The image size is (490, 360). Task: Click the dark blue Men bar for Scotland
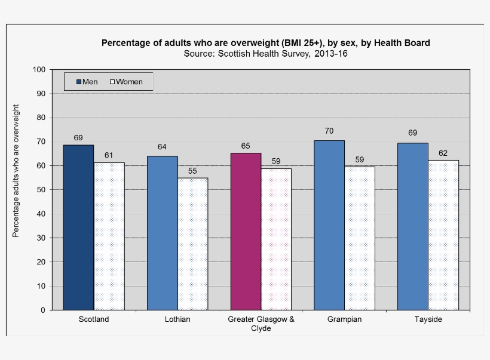(x=78, y=227)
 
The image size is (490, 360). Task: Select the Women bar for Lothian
(x=192, y=244)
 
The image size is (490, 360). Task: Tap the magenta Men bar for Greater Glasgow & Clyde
(x=246, y=232)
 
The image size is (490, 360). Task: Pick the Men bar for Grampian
(x=329, y=225)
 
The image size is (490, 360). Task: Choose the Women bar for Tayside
(x=443, y=235)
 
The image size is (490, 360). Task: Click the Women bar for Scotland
(x=109, y=236)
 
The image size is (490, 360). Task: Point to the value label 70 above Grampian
(x=329, y=131)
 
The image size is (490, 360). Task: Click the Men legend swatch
(x=78, y=82)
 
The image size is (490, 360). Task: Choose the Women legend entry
(x=126, y=82)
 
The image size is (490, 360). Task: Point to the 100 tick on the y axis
(x=39, y=69)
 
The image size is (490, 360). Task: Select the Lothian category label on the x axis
(x=177, y=319)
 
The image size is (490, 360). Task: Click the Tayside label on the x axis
(x=428, y=319)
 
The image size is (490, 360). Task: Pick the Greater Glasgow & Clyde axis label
(x=261, y=324)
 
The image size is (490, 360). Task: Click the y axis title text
(x=16, y=171)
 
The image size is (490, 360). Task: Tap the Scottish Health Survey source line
(x=266, y=54)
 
